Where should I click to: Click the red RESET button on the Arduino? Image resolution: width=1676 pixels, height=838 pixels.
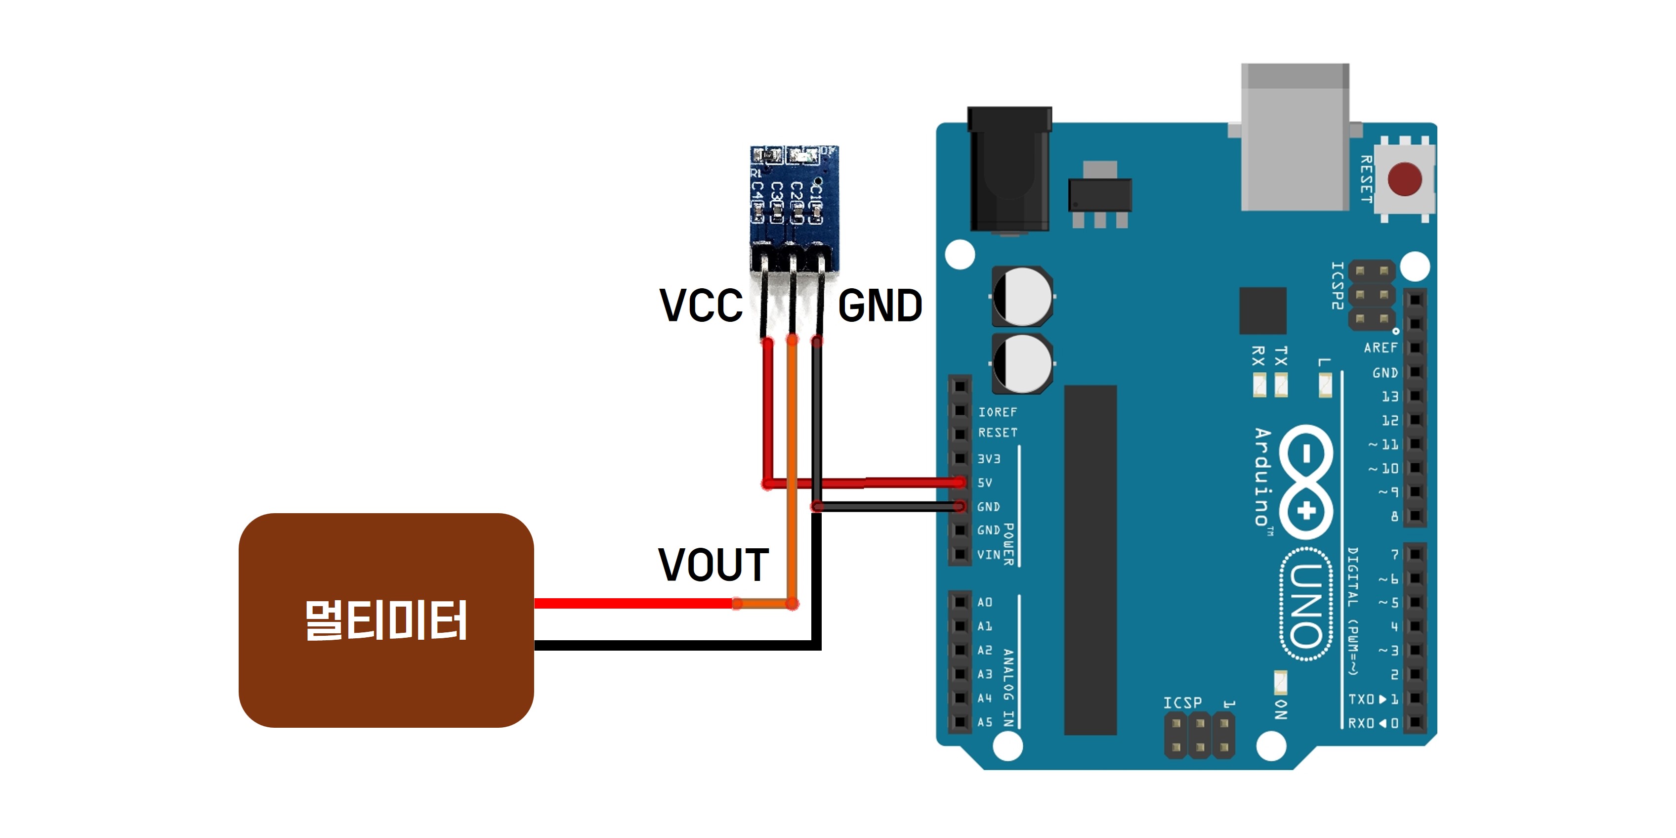(1404, 179)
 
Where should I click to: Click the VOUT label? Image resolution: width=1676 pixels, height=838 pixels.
(713, 565)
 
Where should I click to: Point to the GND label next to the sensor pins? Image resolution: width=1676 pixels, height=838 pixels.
(880, 306)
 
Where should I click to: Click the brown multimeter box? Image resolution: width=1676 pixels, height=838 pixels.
(386, 620)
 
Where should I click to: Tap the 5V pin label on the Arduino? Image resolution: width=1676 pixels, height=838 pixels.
(985, 483)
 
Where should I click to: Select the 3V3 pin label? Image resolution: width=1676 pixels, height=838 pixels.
(989, 459)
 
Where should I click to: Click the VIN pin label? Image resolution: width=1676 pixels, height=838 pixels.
(989, 555)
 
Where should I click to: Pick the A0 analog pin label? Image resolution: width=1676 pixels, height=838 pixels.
(985, 602)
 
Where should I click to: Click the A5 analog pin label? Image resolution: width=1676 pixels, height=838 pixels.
(985, 722)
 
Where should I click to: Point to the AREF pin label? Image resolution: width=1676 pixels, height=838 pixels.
(1381, 348)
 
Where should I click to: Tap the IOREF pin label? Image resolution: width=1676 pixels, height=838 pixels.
(998, 412)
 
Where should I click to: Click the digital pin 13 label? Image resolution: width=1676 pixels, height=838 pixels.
(1390, 397)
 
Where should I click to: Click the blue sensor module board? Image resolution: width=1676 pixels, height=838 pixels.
(794, 195)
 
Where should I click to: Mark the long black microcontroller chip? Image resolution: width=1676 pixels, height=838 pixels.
(1090, 560)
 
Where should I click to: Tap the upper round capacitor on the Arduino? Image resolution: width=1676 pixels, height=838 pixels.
(1022, 296)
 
